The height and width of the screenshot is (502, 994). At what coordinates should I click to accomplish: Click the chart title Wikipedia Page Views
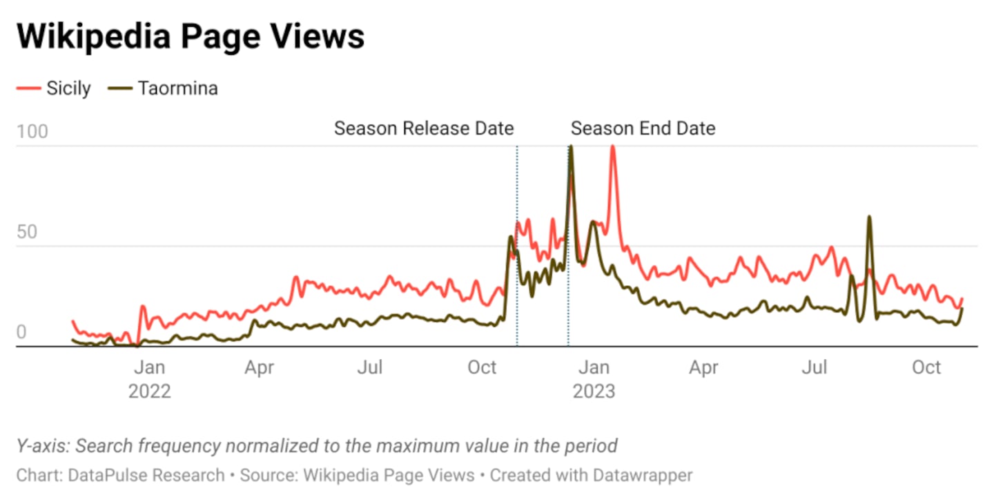[191, 37]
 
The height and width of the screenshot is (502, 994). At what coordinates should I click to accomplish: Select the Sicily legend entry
[68, 88]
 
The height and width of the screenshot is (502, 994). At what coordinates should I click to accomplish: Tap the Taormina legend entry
[177, 88]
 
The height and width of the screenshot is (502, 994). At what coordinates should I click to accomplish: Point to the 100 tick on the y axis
[32, 132]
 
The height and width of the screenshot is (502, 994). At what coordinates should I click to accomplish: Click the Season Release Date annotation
[424, 128]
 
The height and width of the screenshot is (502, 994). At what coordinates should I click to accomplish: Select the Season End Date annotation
[643, 128]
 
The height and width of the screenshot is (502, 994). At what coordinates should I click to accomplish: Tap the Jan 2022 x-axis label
[149, 379]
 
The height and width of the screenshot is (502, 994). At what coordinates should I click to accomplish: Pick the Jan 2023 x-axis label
[594, 379]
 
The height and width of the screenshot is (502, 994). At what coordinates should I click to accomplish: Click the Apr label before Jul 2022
[259, 368]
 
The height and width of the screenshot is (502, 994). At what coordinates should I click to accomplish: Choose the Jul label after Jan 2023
[814, 368]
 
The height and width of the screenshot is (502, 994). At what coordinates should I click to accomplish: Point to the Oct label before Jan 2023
[482, 368]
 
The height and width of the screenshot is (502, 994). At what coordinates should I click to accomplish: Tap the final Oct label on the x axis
[926, 368]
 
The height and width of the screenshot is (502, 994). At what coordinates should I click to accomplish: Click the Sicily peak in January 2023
[612, 147]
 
